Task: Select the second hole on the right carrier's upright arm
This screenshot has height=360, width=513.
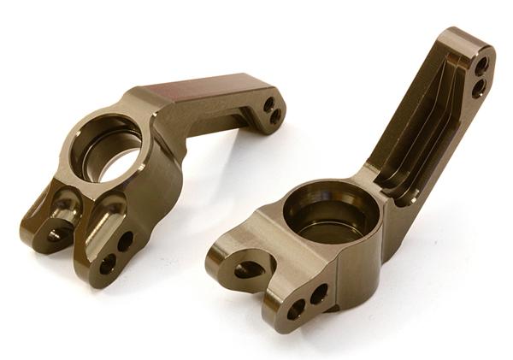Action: [478, 86]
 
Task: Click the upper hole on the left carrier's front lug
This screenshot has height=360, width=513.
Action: [125, 242]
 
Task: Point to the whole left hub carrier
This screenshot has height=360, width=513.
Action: [145, 171]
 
